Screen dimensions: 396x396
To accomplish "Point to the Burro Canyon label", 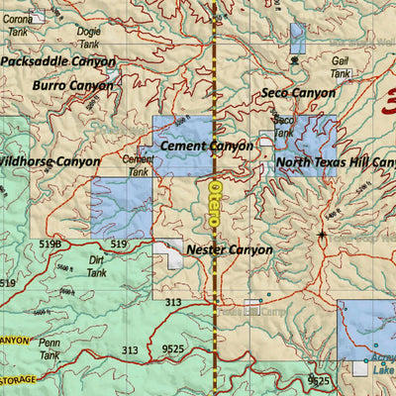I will (x=72, y=86).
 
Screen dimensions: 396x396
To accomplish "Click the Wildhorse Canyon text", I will (x=49, y=161).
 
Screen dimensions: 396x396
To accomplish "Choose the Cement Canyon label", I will (x=206, y=146).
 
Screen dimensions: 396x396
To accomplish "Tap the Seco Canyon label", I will (x=298, y=93).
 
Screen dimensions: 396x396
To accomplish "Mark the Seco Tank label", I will (x=283, y=126).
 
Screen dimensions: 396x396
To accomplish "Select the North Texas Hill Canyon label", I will (x=335, y=162).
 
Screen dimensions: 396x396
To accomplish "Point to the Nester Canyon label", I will (x=229, y=250).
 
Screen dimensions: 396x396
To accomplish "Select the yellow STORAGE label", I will (x=18, y=380).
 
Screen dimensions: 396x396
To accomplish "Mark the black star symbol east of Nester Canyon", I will (x=322, y=235).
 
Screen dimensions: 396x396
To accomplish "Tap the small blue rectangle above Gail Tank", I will (x=297, y=37).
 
